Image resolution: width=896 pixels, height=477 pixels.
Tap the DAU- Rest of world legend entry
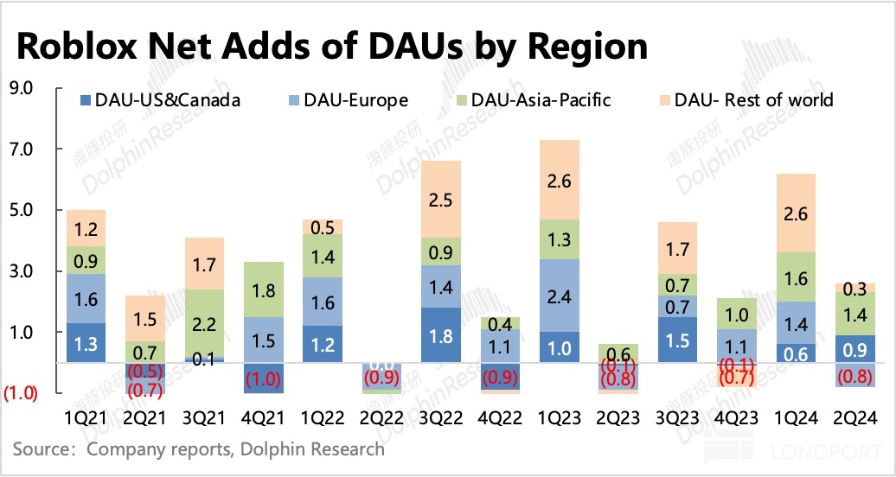(x=743, y=100)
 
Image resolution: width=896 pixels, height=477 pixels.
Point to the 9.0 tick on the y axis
(x=19, y=88)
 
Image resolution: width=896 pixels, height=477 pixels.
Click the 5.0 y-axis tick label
(x=19, y=210)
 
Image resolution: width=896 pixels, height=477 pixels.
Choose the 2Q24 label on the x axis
(x=856, y=418)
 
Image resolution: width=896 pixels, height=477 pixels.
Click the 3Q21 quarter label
(x=204, y=418)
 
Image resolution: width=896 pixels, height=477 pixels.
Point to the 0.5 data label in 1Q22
(x=322, y=227)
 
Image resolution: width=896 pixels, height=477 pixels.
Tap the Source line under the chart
(x=199, y=449)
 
